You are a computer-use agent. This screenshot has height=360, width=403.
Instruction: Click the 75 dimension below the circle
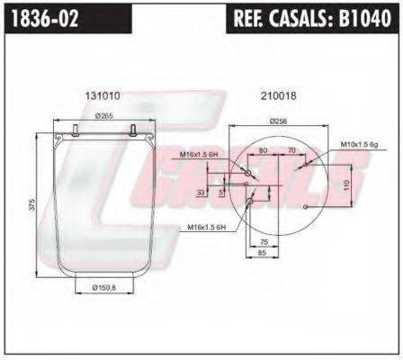263,243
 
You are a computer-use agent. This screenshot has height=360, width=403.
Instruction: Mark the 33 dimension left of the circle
201,193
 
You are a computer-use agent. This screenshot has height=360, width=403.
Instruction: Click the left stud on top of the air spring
73,130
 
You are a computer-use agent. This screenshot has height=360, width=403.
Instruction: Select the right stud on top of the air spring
131,130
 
